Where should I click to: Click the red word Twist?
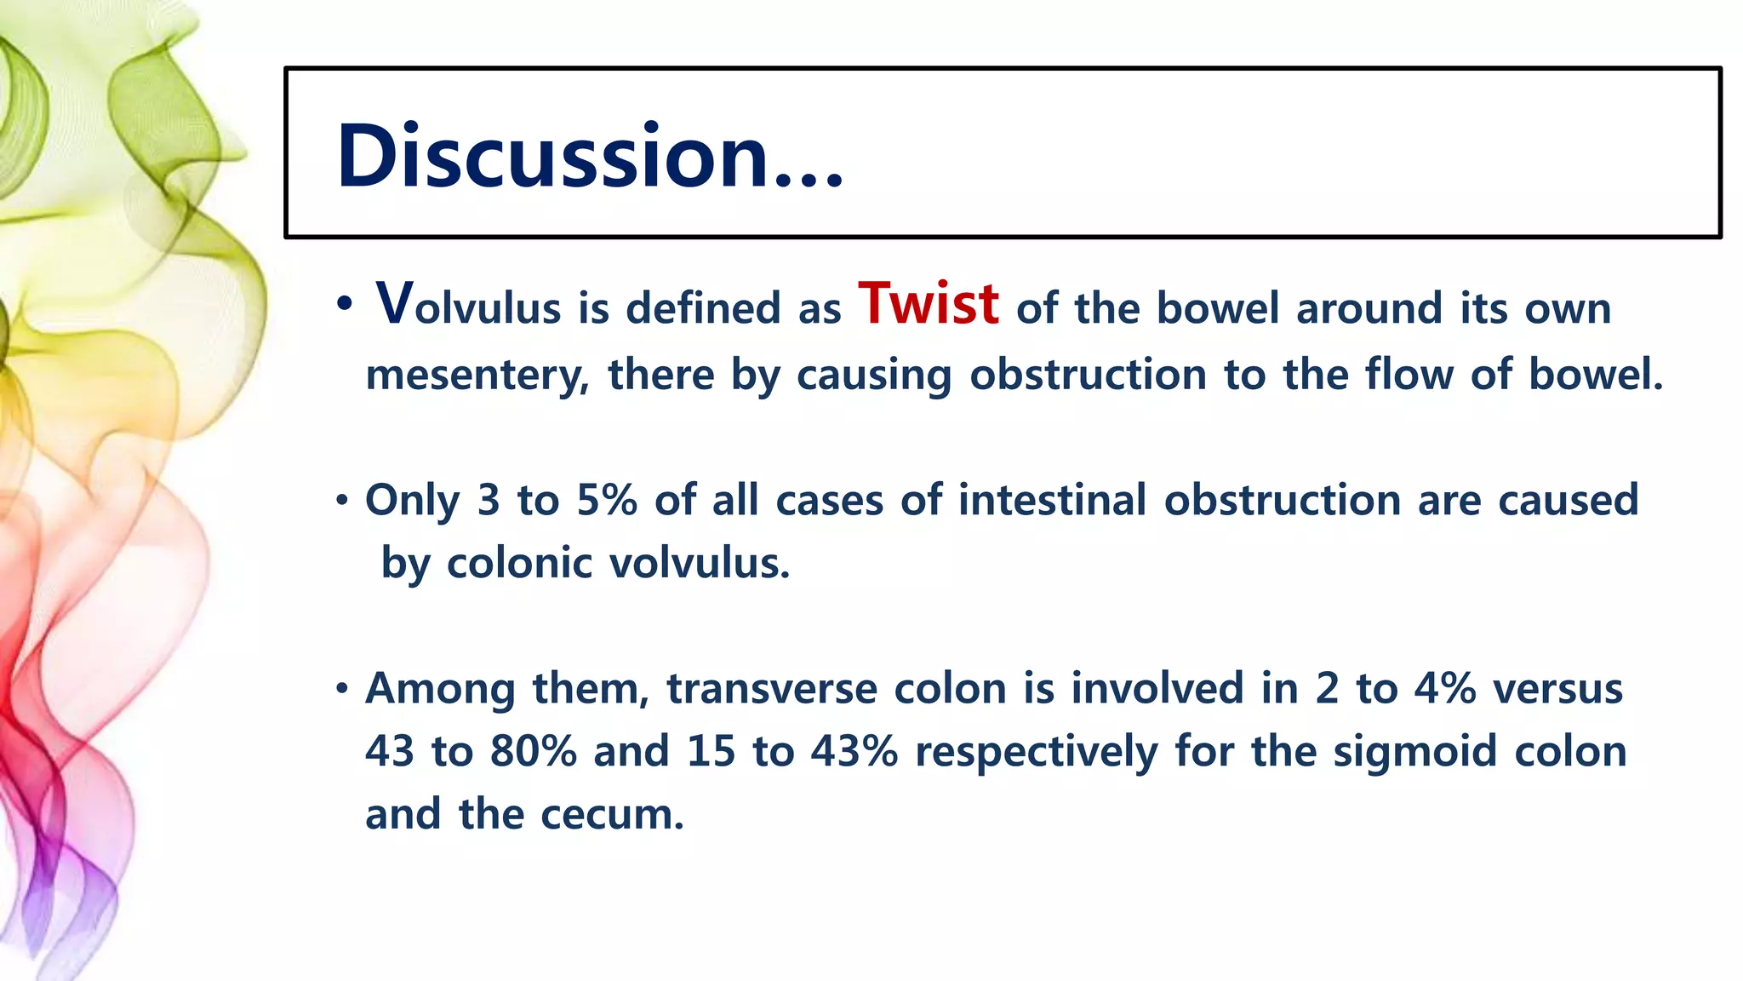click(x=928, y=304)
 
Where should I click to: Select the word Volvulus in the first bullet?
click(x=468, y=306)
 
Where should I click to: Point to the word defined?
click(x=703, y=307)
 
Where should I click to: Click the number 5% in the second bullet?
click(x=606, y=500)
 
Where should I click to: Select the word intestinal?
click(x=1052, y=500)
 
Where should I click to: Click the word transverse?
click(x=771, y=688)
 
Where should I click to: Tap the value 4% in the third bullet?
click(x=1444, y=688)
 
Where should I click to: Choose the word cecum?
click(x=612, y=815)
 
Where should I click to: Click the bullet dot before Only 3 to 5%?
click(x=342, y=501)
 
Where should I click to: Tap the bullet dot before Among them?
click(x=342, y=689)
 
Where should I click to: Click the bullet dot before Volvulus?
click(x=344, y=305)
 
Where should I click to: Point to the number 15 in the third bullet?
click(x=711, y=751)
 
